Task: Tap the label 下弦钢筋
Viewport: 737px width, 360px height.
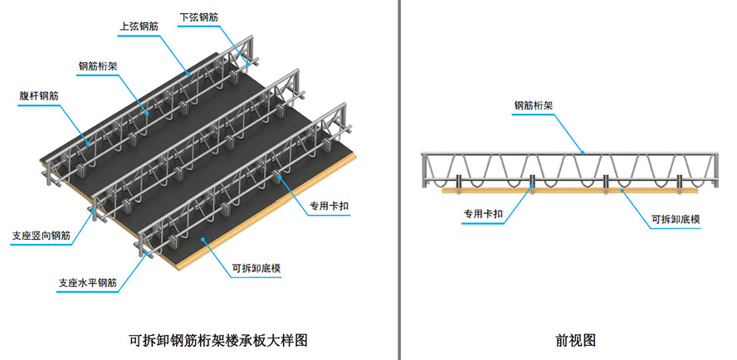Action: pos(198,16)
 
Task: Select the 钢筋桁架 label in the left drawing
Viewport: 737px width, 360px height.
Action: pos(99,66)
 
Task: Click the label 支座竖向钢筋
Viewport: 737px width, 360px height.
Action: pos(41,236)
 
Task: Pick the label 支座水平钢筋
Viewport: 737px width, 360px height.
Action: pos(87,283)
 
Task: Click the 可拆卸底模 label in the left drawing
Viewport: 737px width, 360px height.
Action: pos(258,268)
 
